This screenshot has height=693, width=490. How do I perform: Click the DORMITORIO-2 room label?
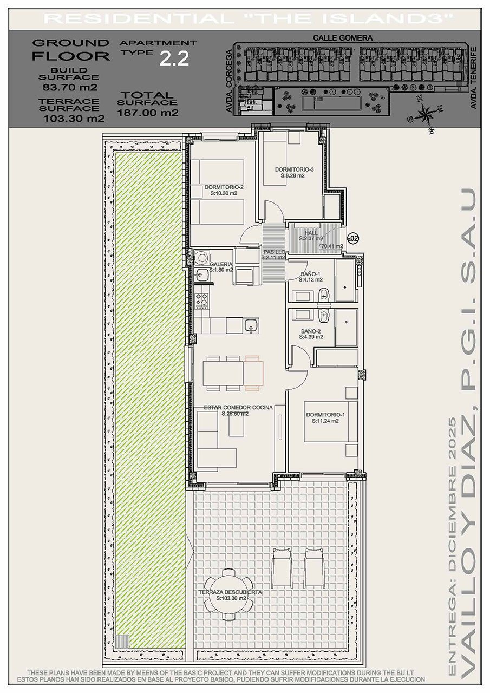click(x=224, y=187)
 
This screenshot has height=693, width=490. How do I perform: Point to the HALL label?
click(x=311, y=233)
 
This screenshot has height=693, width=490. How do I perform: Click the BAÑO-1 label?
click(x=311, y=274)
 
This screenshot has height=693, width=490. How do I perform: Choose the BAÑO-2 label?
click(x=311, y=331)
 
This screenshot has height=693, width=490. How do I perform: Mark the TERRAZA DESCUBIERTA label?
click(x=230, y=592)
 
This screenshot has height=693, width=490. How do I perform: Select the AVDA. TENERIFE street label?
click(x=474, y=79)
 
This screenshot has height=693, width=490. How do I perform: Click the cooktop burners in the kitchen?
click(x=201, y=298)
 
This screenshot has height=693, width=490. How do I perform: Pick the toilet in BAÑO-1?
click(x=324, y=295)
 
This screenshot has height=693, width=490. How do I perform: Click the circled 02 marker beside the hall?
click(x=353, y=238)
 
